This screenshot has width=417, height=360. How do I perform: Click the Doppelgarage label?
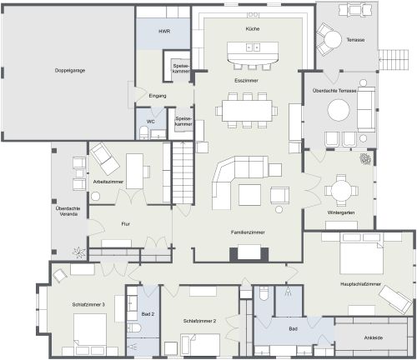point(70,71)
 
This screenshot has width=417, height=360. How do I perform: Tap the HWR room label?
point(164,32)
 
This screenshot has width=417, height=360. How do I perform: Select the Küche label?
point(253,28)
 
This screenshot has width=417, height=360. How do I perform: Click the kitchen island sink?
point(253,47)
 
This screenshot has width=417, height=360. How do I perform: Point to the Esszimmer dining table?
point(247,111)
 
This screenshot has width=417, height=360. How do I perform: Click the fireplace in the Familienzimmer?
point(249,252)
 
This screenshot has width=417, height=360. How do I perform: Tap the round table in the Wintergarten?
point(341,190)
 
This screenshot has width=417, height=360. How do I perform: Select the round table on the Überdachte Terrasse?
point(339,110)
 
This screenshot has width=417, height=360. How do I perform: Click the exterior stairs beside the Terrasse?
point(394,59)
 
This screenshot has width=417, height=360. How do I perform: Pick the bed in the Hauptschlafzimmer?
point(362,253)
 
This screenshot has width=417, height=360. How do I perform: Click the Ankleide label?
point(374,337)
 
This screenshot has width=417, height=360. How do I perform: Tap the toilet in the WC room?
point(144,132)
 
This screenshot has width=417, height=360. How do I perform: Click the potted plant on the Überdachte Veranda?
point(78,252)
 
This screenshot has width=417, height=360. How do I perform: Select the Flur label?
point(125,224)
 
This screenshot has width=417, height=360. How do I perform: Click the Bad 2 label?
point(148,314)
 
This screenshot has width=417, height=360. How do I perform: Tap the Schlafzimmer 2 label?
point(199,321)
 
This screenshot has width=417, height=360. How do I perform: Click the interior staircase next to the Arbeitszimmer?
point(183,172)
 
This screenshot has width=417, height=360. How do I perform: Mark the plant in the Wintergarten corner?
point(365,159)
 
